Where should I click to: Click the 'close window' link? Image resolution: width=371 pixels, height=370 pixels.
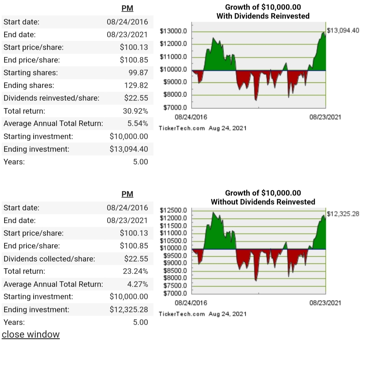(x=31, y=334)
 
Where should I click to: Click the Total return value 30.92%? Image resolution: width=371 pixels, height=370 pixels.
(x=135, y=111)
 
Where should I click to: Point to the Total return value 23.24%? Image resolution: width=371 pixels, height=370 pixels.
(x=135, y=271)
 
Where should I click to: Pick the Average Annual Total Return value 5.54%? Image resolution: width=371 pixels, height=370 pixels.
(x=138, y=123)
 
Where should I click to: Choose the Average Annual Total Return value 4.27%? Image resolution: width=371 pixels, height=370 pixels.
(x=138, y=284)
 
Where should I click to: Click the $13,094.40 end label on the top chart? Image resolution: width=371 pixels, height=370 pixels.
(x=343, y=31)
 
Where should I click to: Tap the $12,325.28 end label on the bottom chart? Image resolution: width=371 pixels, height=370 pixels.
(x=343, y=214)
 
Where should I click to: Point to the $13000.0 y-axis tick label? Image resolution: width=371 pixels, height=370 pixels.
(x=173, y=32)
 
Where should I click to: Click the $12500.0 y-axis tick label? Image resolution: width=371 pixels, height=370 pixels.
(x=173, y=210)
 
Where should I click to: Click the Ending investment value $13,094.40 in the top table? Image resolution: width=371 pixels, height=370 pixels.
(x=129, y=149)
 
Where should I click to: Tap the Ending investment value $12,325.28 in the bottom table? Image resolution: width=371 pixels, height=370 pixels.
(x=129, y=309)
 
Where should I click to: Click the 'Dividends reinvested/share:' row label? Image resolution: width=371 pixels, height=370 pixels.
(x=52, y=98)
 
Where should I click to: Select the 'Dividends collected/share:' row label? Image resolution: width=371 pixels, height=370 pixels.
(x=49, y=259)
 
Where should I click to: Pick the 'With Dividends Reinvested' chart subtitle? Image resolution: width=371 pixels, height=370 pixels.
(x=263, y=16)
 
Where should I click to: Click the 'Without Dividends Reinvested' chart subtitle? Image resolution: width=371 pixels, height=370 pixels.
(x=263, y=202)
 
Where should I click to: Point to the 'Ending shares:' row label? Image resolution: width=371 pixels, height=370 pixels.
(x=29, y=85)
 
